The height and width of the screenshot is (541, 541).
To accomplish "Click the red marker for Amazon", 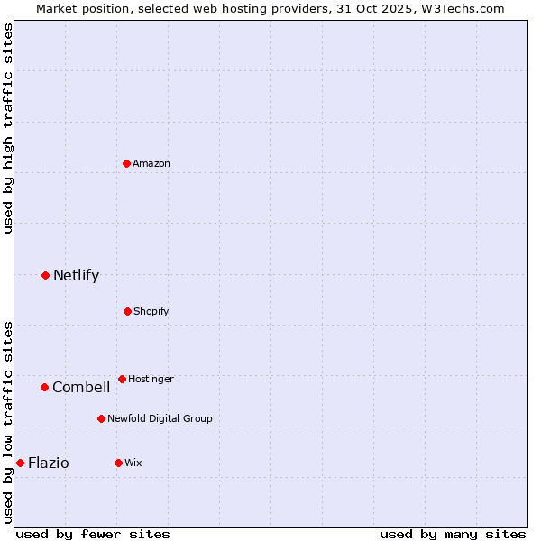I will click(127, 163).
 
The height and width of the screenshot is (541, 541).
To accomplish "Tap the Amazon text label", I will click(151, 163).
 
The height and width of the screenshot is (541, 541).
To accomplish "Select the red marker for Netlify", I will click(46, 275).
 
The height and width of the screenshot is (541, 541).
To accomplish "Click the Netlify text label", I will click(76, 276).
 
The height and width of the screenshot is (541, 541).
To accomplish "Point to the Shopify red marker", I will click(127, 311).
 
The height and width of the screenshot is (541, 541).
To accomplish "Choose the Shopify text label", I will click(151, 311).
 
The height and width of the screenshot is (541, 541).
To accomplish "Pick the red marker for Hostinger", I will click(122, 379).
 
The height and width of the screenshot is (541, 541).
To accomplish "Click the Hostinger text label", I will click(151, 379).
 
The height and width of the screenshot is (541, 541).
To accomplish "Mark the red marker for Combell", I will click(44, 387).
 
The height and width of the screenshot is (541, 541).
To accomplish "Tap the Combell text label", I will click(81, 388).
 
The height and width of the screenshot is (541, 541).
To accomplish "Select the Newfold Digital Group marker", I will click(101, 418).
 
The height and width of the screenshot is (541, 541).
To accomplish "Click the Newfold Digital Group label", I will click(160, 418).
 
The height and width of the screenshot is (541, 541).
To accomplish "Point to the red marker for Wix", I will click(118, 463).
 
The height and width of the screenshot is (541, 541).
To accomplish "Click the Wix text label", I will click(133, 463).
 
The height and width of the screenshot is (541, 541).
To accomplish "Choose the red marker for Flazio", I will click(20, 463).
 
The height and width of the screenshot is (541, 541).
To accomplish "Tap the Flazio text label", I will click(49, 463).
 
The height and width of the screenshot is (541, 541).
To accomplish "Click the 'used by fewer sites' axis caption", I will click(93, 534).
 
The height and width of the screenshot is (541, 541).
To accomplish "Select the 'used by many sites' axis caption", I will click(453, 534).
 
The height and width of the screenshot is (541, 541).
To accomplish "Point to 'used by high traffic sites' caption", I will click(9, 128).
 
